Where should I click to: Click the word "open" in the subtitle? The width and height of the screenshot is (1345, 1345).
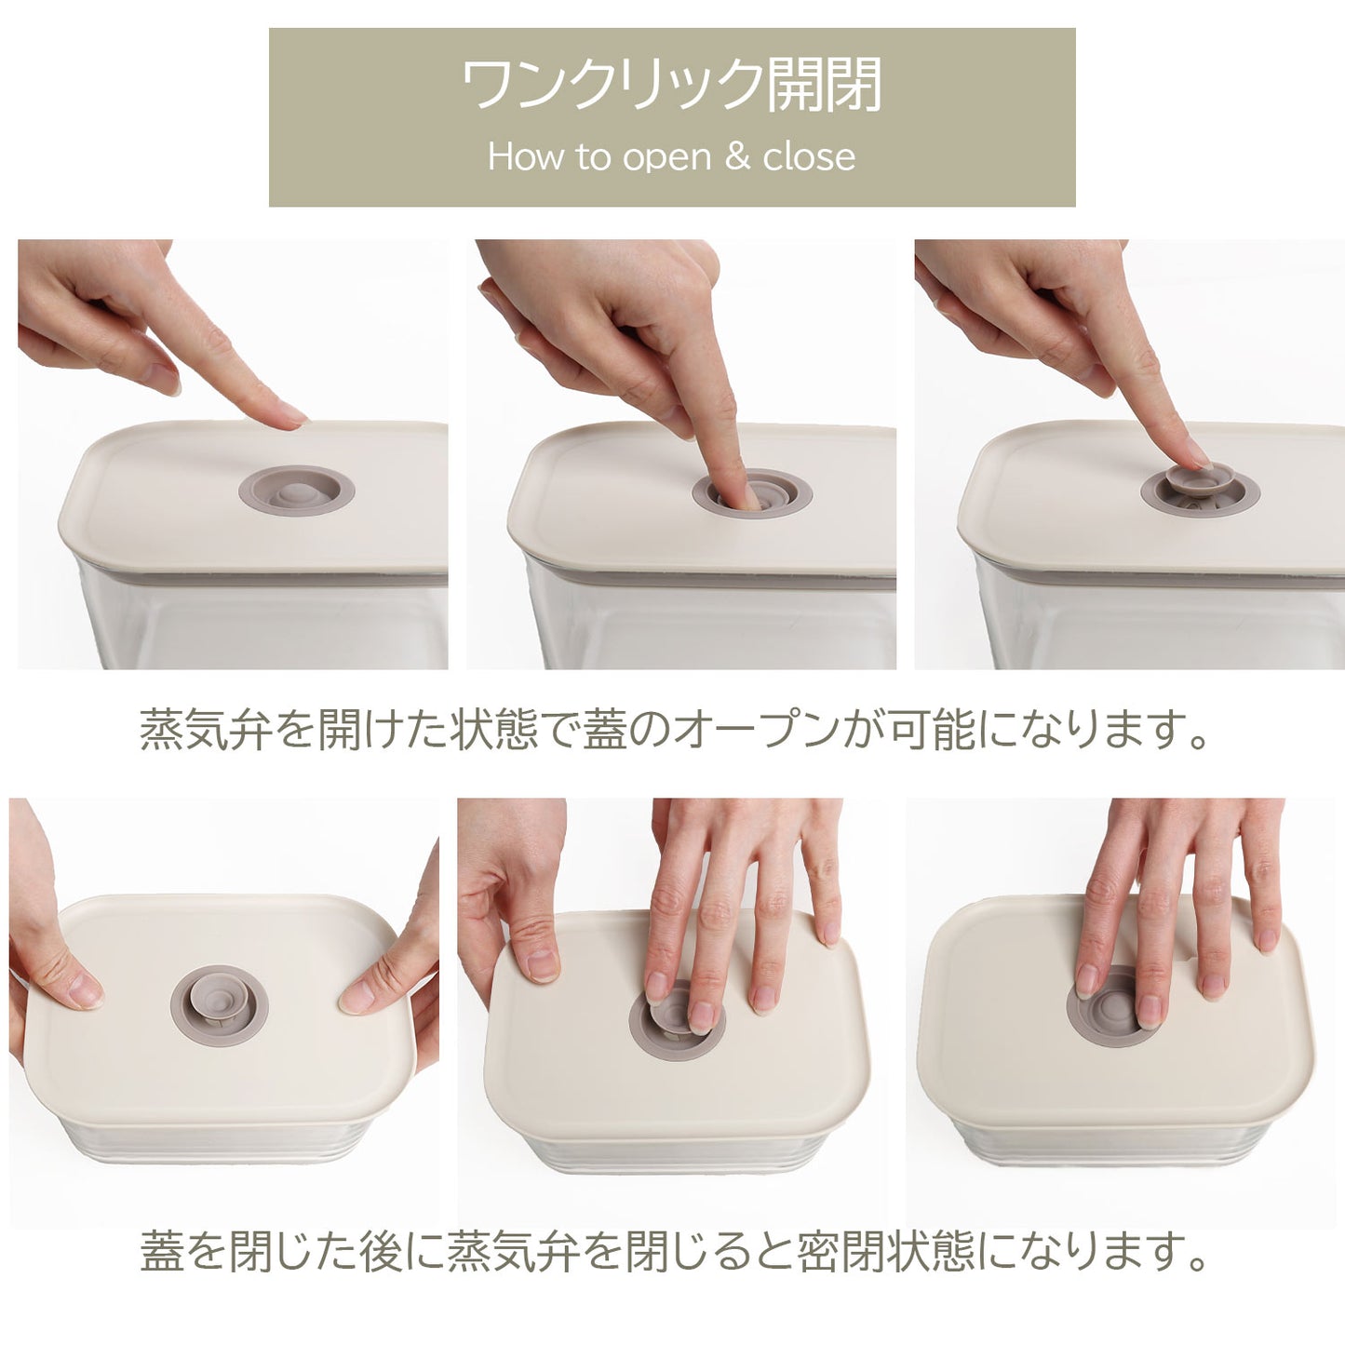[x=666, y=158]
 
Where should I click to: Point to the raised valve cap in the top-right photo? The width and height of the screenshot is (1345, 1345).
[x=1201, y=481]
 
